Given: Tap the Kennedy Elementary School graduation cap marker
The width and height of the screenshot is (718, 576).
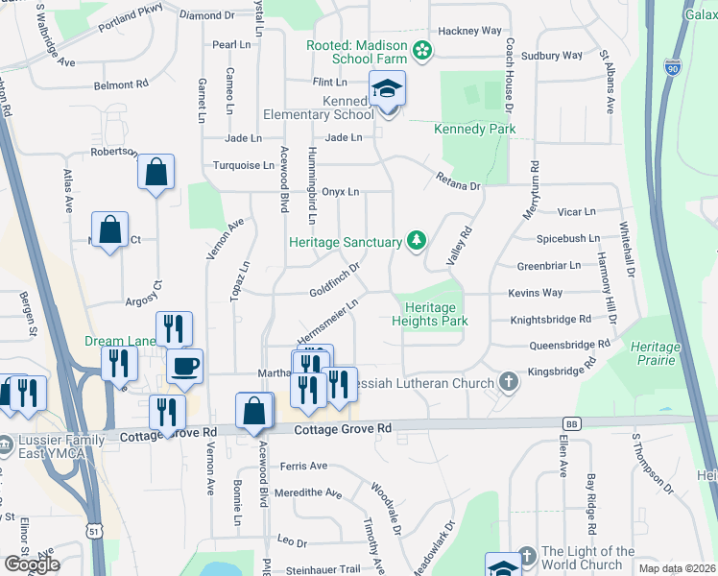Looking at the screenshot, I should pyautogui.click(x=388, y=90).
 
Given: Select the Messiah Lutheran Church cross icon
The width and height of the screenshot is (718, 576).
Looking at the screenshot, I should pyautogui.click(x=509, y=383).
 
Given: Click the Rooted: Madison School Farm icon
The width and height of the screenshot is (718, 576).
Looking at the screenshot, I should pyautogui.click(x=420, y=49).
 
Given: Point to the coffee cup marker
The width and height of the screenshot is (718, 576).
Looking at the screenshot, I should pyautogui.click(x=184, y=365).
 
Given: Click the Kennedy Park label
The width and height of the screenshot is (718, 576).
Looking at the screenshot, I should pyautogui.click(x=474, y=129).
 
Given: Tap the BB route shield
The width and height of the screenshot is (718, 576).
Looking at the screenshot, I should pyautogui.click(x=573, y=423).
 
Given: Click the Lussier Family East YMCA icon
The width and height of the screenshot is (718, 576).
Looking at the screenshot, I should pyautogui.click(x=7, y=444).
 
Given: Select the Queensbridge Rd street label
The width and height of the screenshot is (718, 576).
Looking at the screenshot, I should pyautogui.click(x=569, y=344).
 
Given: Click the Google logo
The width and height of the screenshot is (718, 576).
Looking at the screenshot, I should pyautogui.click(x=32, y=564).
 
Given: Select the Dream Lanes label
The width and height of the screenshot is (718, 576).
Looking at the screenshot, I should pyautogui.click(x=119, y=341).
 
